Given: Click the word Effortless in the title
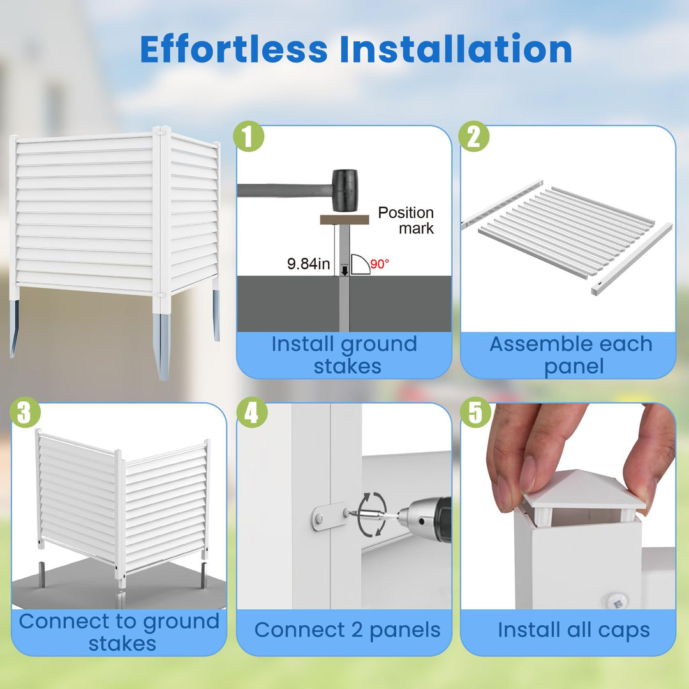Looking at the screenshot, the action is click(233, 48).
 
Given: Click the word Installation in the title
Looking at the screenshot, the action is click(456, 48).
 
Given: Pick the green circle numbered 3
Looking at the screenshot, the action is click(25, 412).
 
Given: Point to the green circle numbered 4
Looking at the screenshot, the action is click(252, 412).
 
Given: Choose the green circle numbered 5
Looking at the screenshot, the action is click(476, 412).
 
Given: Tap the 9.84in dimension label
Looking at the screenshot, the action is click(309, 263).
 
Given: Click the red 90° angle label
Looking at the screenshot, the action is click(380, 263).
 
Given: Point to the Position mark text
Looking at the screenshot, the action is click(406, 220).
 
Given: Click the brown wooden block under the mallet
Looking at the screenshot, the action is click(344, 219).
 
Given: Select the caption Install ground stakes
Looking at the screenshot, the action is click(344, 355).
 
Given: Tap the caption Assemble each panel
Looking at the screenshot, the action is click(571, 355).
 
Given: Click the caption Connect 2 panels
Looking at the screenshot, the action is click(347, 630).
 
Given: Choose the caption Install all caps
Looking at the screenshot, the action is click(574, 630).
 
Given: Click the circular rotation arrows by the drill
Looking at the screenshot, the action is click(372, 514).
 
